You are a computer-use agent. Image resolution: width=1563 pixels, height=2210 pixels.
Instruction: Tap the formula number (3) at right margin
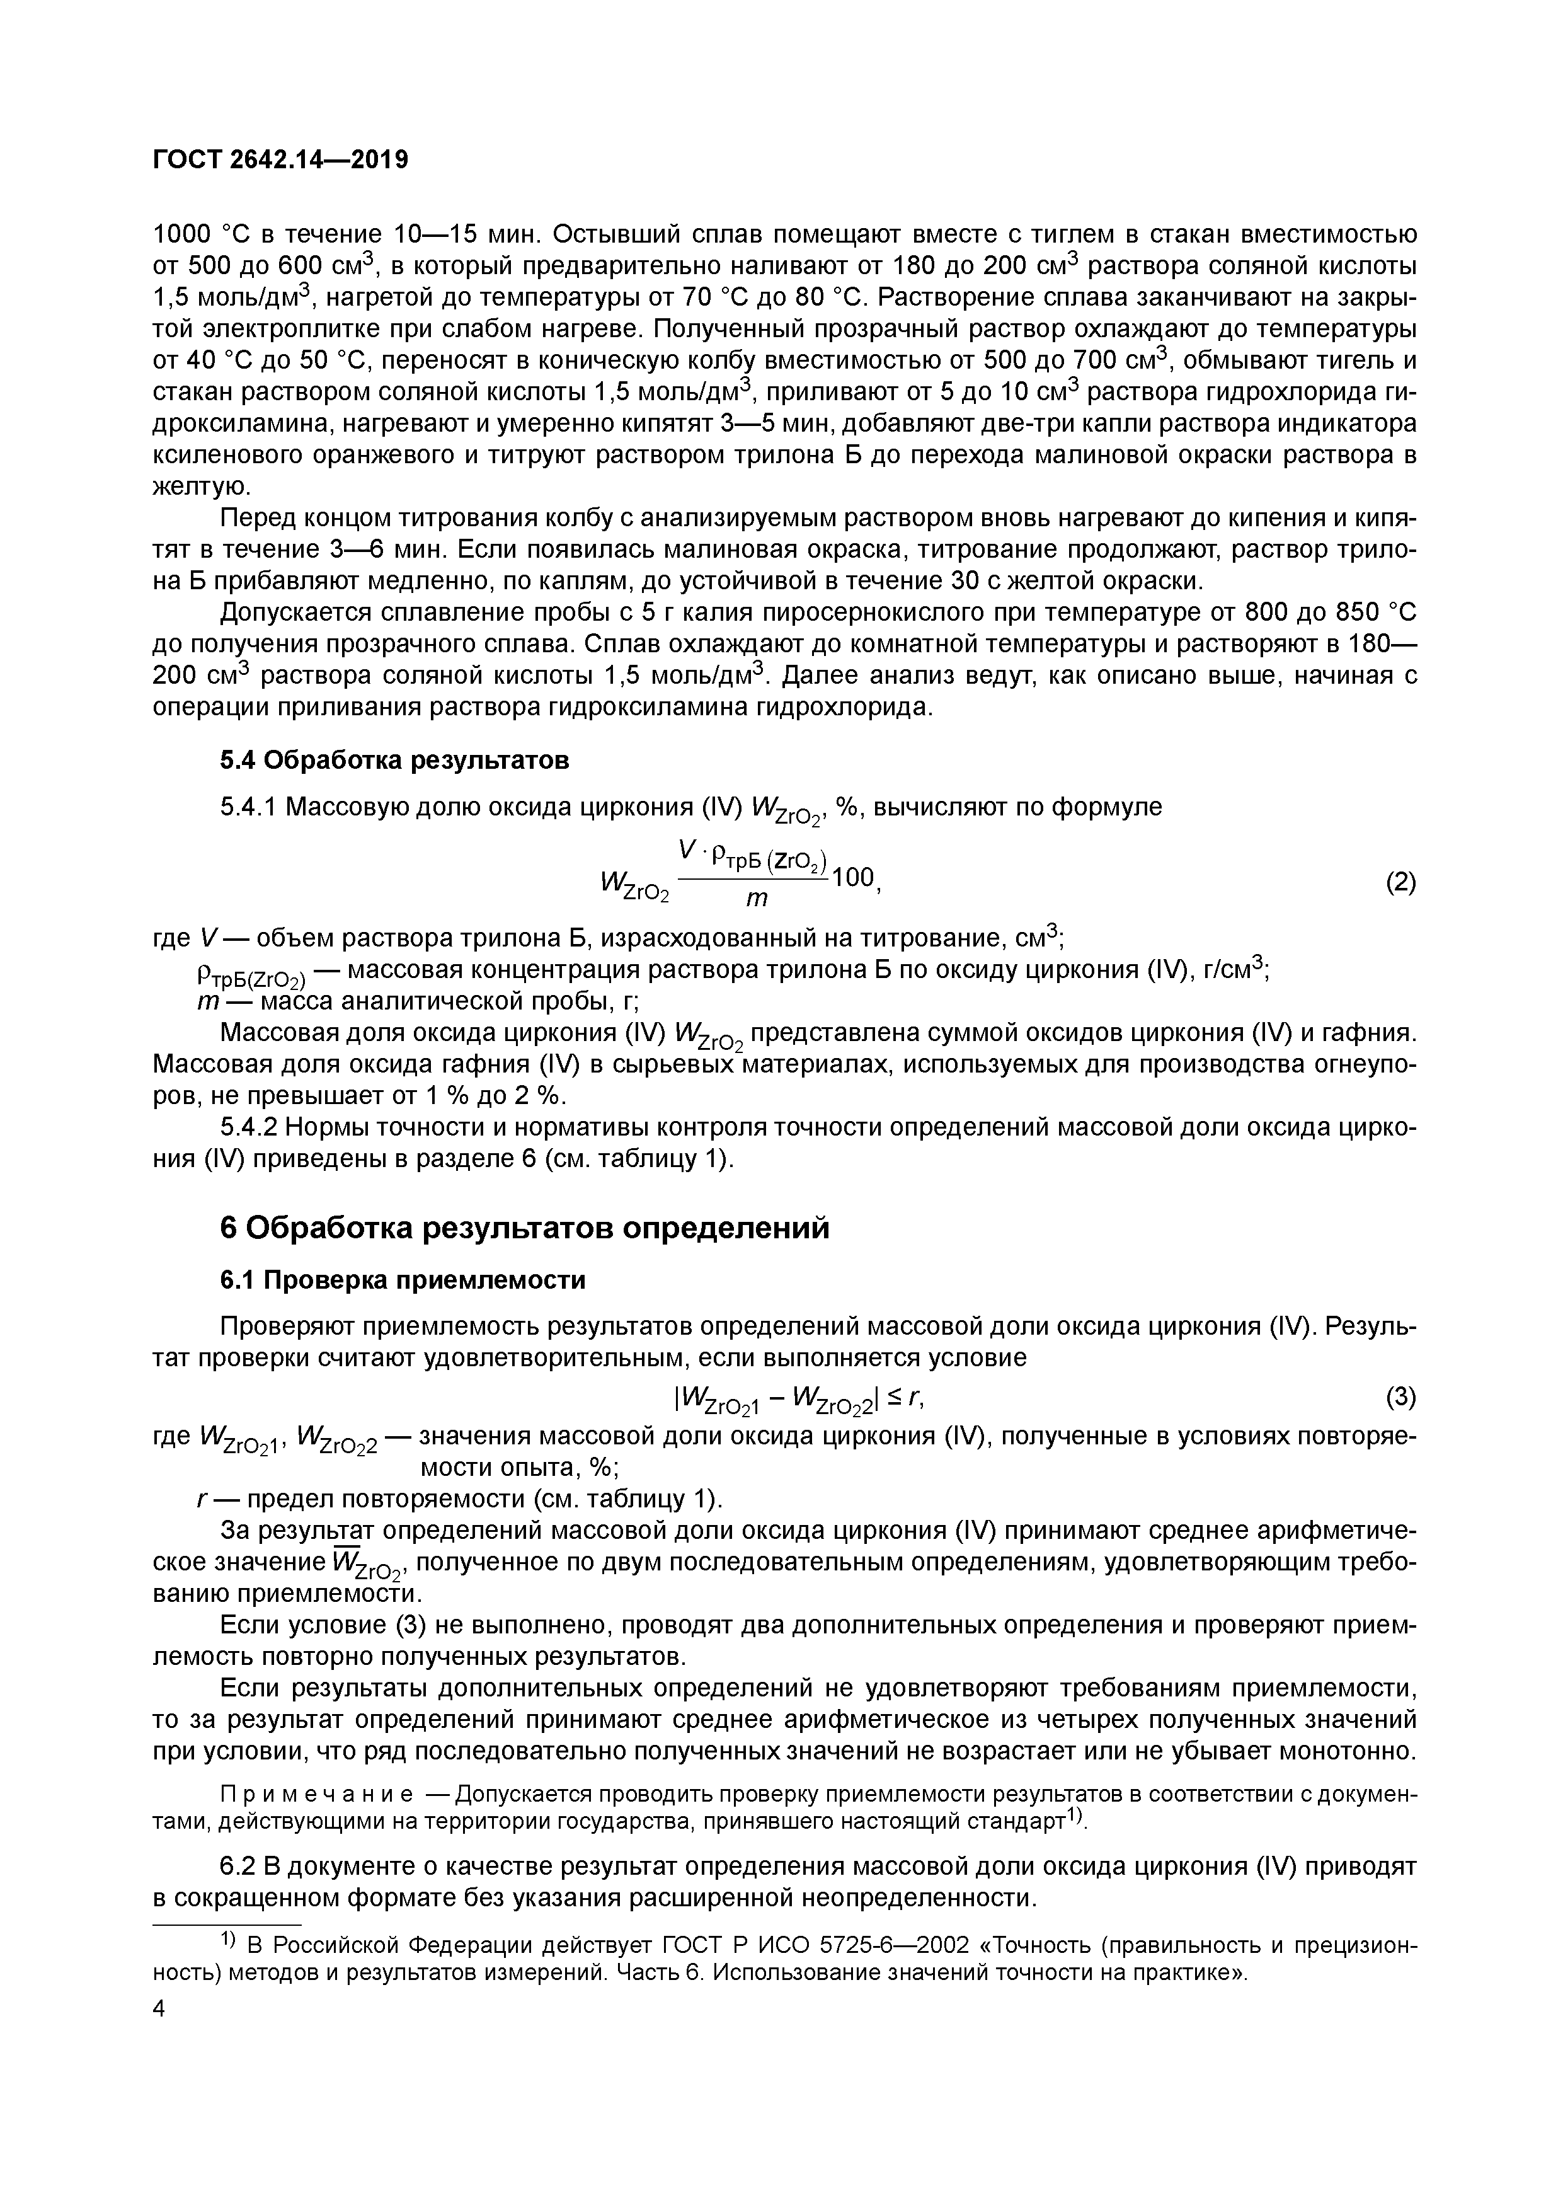[x=1400, y=1396]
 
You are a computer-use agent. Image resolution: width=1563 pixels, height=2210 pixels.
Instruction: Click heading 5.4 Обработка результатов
[x=394, y=761]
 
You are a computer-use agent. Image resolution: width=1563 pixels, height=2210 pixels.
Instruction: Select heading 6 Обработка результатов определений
[x=525, y=1228]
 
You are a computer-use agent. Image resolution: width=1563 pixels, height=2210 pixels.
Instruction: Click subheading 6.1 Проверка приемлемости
[x=403, y=1280]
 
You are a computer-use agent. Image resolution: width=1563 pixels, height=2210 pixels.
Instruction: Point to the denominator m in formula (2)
[x=757, y=899]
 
